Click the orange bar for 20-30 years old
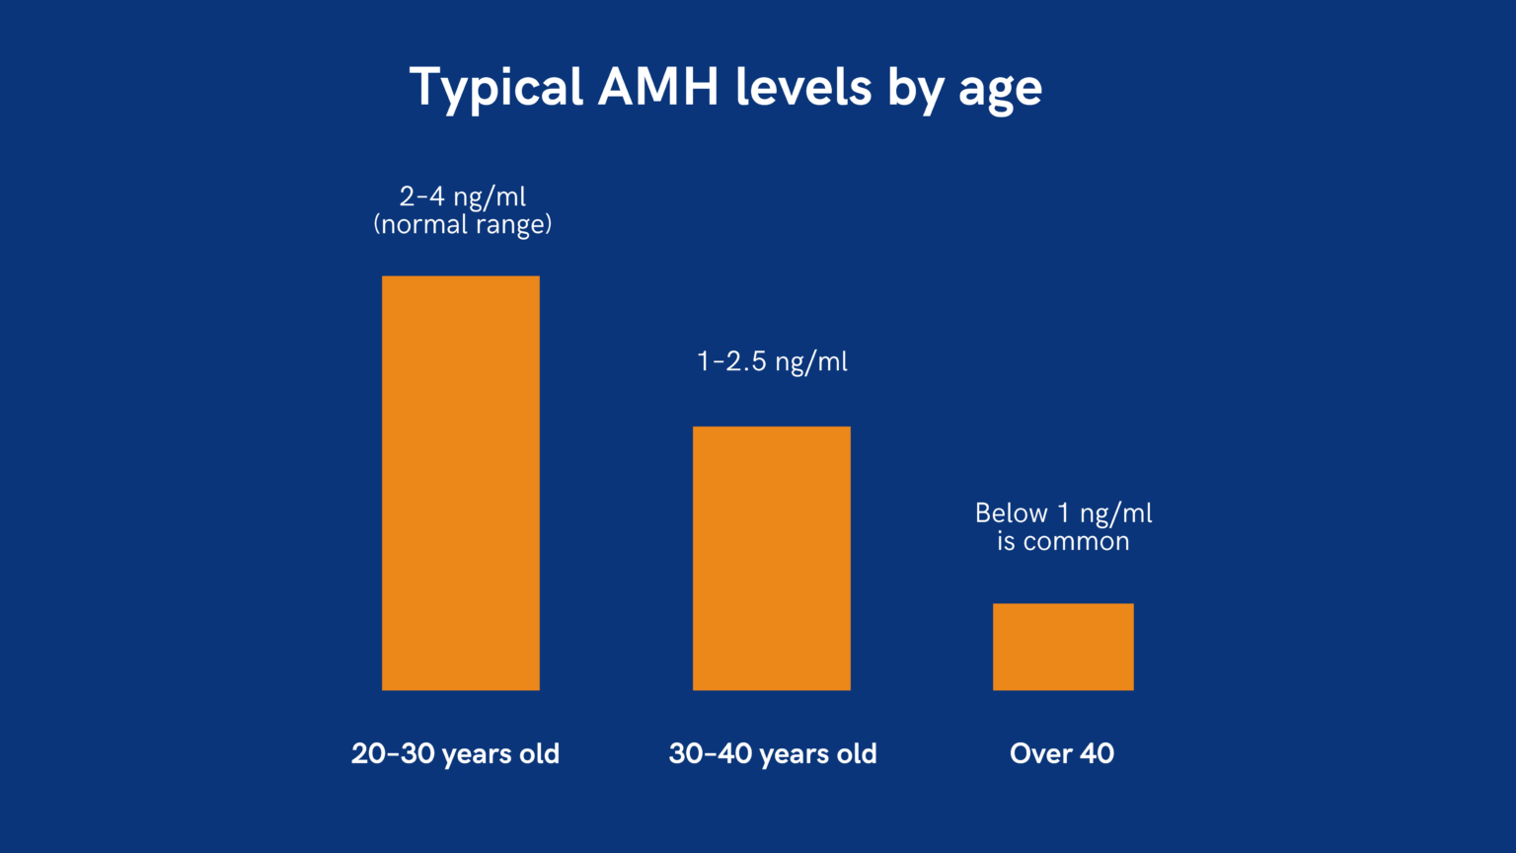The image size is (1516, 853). click(461, 483)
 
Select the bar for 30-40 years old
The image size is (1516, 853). click(772, 558)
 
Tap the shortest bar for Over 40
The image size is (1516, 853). click(1063, 647)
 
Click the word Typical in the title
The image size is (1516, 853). click(495, 88)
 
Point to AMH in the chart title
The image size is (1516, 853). click(658, 87)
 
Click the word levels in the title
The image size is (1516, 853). click(803, 87)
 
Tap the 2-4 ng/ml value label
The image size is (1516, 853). click(463, 195)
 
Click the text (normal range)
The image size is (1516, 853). click(463, 225)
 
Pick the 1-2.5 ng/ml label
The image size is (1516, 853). click(772, 361)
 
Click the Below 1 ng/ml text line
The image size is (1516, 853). click(1063, 513)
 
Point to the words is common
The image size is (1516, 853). click(1063, 542)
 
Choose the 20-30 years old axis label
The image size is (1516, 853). click(455, 754)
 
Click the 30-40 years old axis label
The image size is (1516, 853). click(773, 754)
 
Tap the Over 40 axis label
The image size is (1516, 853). click(1062, 754)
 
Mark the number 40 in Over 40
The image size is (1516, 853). click(1097, 754)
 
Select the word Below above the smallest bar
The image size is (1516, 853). click(1011, 513)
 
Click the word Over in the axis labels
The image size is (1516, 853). click(1040, 754)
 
